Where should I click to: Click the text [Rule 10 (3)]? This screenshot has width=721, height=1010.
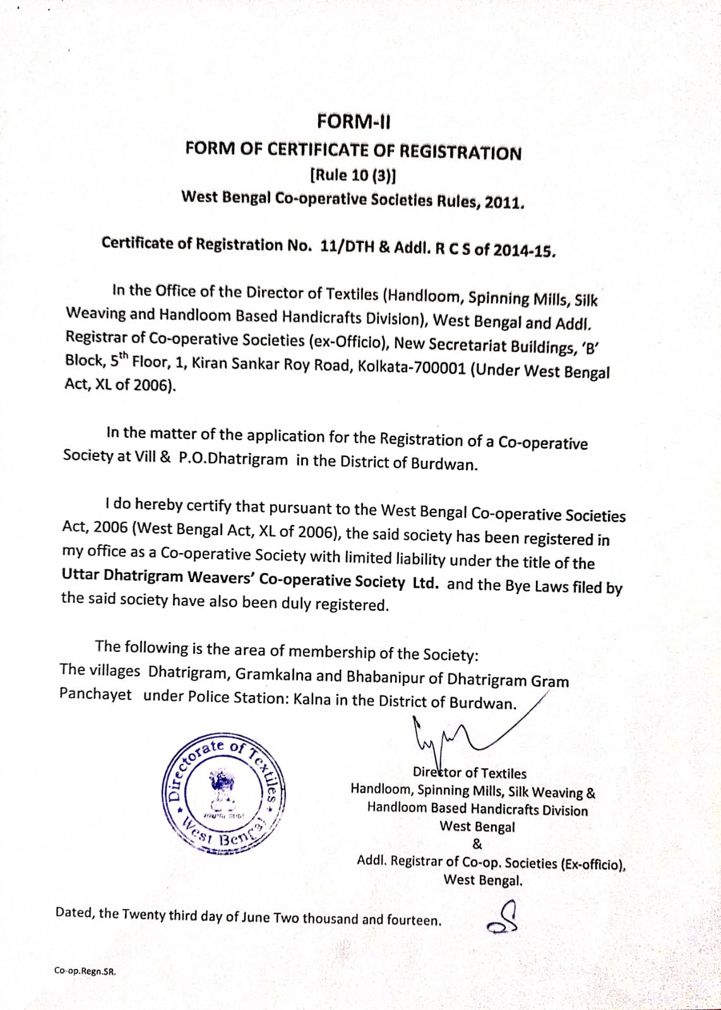pos(354,175)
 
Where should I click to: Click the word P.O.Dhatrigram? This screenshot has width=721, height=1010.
pos(234,459)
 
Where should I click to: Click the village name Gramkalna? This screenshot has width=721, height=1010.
pos(273,674)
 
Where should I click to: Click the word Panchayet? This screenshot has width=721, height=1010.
pos(95,694)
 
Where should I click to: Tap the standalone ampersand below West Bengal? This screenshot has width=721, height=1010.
pos(477,844)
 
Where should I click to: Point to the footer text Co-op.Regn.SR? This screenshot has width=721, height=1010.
pos(85,971)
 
